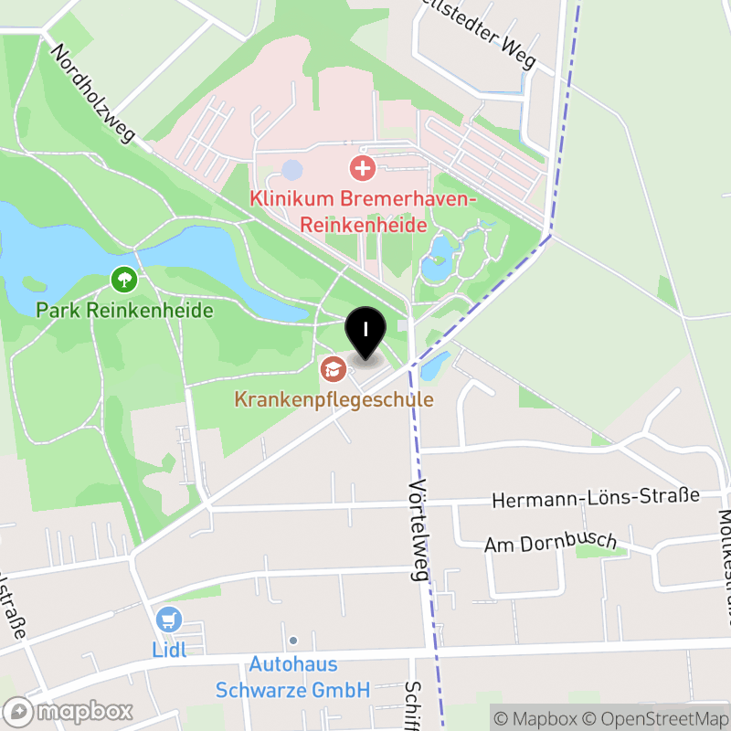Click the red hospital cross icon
(x=363, y=168)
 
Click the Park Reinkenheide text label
(x=124, y=311)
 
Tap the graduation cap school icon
(x=332, y=369)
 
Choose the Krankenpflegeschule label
(x=334, y=399)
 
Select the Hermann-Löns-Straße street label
(x=595, y=498)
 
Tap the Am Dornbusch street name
(x=550, y=543)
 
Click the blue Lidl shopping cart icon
(x=168, y=620)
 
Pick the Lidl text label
(x=169, y=651)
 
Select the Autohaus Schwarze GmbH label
(x=292, y=677)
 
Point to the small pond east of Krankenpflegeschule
(x=434, y=365)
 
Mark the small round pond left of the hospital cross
(x=291, y=169)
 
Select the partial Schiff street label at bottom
(x=413, y=705)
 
